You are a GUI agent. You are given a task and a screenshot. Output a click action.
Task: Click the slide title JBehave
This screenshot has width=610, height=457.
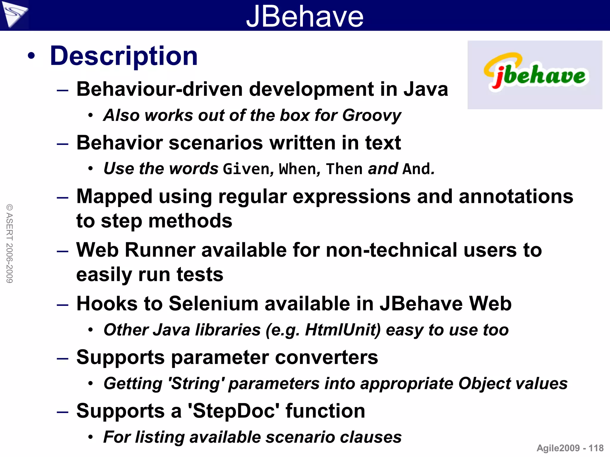305,16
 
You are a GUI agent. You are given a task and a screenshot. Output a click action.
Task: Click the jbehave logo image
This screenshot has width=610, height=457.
535,74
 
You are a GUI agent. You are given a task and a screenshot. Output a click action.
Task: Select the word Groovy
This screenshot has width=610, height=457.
371,115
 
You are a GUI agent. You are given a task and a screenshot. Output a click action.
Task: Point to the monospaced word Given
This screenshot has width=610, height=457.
246,169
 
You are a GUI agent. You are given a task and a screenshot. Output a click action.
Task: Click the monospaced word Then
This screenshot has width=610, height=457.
344,169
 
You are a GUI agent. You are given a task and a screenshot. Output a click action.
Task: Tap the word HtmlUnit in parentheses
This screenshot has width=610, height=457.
343,330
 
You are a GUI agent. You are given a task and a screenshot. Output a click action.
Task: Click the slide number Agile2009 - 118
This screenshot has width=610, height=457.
570,448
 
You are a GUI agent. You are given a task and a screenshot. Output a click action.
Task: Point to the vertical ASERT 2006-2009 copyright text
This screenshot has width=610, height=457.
10,243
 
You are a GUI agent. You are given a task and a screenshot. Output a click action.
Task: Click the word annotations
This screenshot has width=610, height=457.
516,197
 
